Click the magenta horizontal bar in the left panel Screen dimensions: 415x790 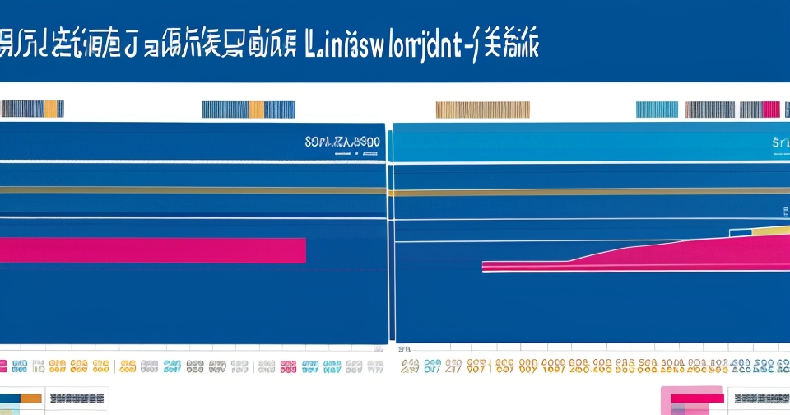(152, 250)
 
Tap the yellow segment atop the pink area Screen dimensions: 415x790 (770, 230)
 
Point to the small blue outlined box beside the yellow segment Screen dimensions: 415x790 (741, 231)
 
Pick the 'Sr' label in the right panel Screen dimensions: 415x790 (780, 142)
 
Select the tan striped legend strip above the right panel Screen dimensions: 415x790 (482, 110)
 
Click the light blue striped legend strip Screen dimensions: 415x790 (657, 110)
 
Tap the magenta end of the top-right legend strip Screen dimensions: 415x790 (771, 110)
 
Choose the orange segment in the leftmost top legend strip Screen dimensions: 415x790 (52, 109)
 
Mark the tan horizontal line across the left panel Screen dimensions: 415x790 (193, 190)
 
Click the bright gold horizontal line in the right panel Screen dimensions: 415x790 (588, 193)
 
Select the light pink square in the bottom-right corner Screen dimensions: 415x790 (691, 401)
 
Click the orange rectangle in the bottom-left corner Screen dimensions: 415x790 (30, 399)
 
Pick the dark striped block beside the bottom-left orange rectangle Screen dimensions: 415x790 (77, 399)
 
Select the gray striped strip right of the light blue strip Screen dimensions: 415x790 (710, 110)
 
